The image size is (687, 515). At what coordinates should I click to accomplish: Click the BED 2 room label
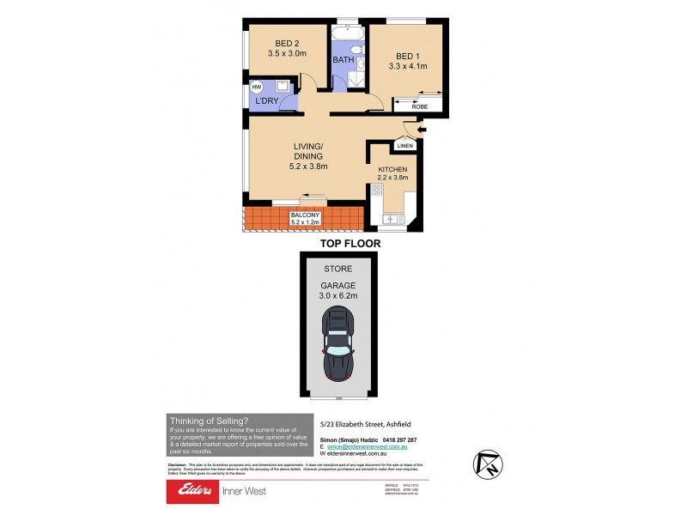pos(287,45)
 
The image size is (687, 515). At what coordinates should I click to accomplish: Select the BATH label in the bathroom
pos(343,61)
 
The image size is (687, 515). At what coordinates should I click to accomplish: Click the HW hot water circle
pos(255,88)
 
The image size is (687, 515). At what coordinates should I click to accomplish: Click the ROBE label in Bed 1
pos(420,106)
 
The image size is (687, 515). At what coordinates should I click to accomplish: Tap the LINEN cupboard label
pos(405,146)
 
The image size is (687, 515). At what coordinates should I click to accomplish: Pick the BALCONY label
pos(306,215)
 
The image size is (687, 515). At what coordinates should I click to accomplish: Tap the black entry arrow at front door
pos(420,130)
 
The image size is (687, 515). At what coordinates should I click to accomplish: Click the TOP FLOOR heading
pos(350,243)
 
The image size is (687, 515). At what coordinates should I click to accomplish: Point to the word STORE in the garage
pos(339,269)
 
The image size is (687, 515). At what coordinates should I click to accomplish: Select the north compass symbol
pos(486,464)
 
